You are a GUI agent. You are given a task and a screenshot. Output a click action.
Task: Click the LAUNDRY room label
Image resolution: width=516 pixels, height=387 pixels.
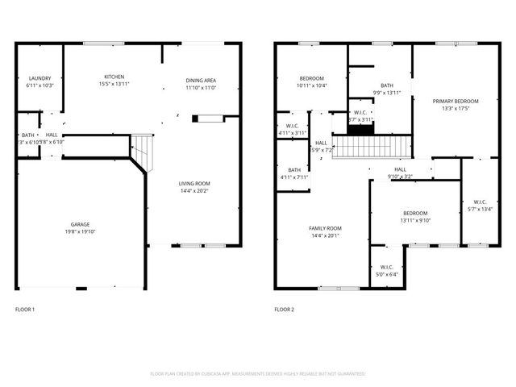tap(40, 78)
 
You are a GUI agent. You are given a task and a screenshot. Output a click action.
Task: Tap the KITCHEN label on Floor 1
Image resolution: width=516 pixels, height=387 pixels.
tap(114, 77)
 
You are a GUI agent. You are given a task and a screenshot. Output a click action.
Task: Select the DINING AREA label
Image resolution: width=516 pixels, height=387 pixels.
tap(201, 81)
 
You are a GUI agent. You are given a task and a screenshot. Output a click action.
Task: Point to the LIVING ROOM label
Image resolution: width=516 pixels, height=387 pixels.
tap(194, 184)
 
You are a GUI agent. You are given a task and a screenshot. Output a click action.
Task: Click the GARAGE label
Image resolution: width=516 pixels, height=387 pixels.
tap(80, 224)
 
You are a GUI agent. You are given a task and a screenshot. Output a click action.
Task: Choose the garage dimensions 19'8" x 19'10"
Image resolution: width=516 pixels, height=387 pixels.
tap(80, 231)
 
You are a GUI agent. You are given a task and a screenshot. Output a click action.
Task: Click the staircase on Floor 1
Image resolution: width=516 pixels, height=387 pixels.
tap(141, 149)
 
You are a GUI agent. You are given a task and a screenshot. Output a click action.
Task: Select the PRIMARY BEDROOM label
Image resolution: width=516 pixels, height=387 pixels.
tap(456, 101)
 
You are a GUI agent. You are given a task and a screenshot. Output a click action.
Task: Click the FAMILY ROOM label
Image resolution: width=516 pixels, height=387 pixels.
tap(325, 228)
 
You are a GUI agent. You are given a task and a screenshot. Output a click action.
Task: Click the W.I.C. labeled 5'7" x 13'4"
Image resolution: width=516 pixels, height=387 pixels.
tap(480, 206)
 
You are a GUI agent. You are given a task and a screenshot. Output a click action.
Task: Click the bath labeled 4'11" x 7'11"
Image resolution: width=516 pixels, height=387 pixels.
tap(294, 173)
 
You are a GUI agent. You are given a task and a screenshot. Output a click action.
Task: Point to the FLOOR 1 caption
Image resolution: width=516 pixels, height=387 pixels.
tap(25, 310)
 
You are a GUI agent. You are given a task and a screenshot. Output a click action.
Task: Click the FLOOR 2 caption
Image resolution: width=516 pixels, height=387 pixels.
tap(284, 310)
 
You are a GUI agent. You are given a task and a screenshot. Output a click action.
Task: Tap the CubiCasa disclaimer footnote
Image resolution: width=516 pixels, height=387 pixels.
tap(258, 374)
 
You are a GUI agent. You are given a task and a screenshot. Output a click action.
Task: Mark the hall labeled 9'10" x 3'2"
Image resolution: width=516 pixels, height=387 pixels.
tap(400, 173)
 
